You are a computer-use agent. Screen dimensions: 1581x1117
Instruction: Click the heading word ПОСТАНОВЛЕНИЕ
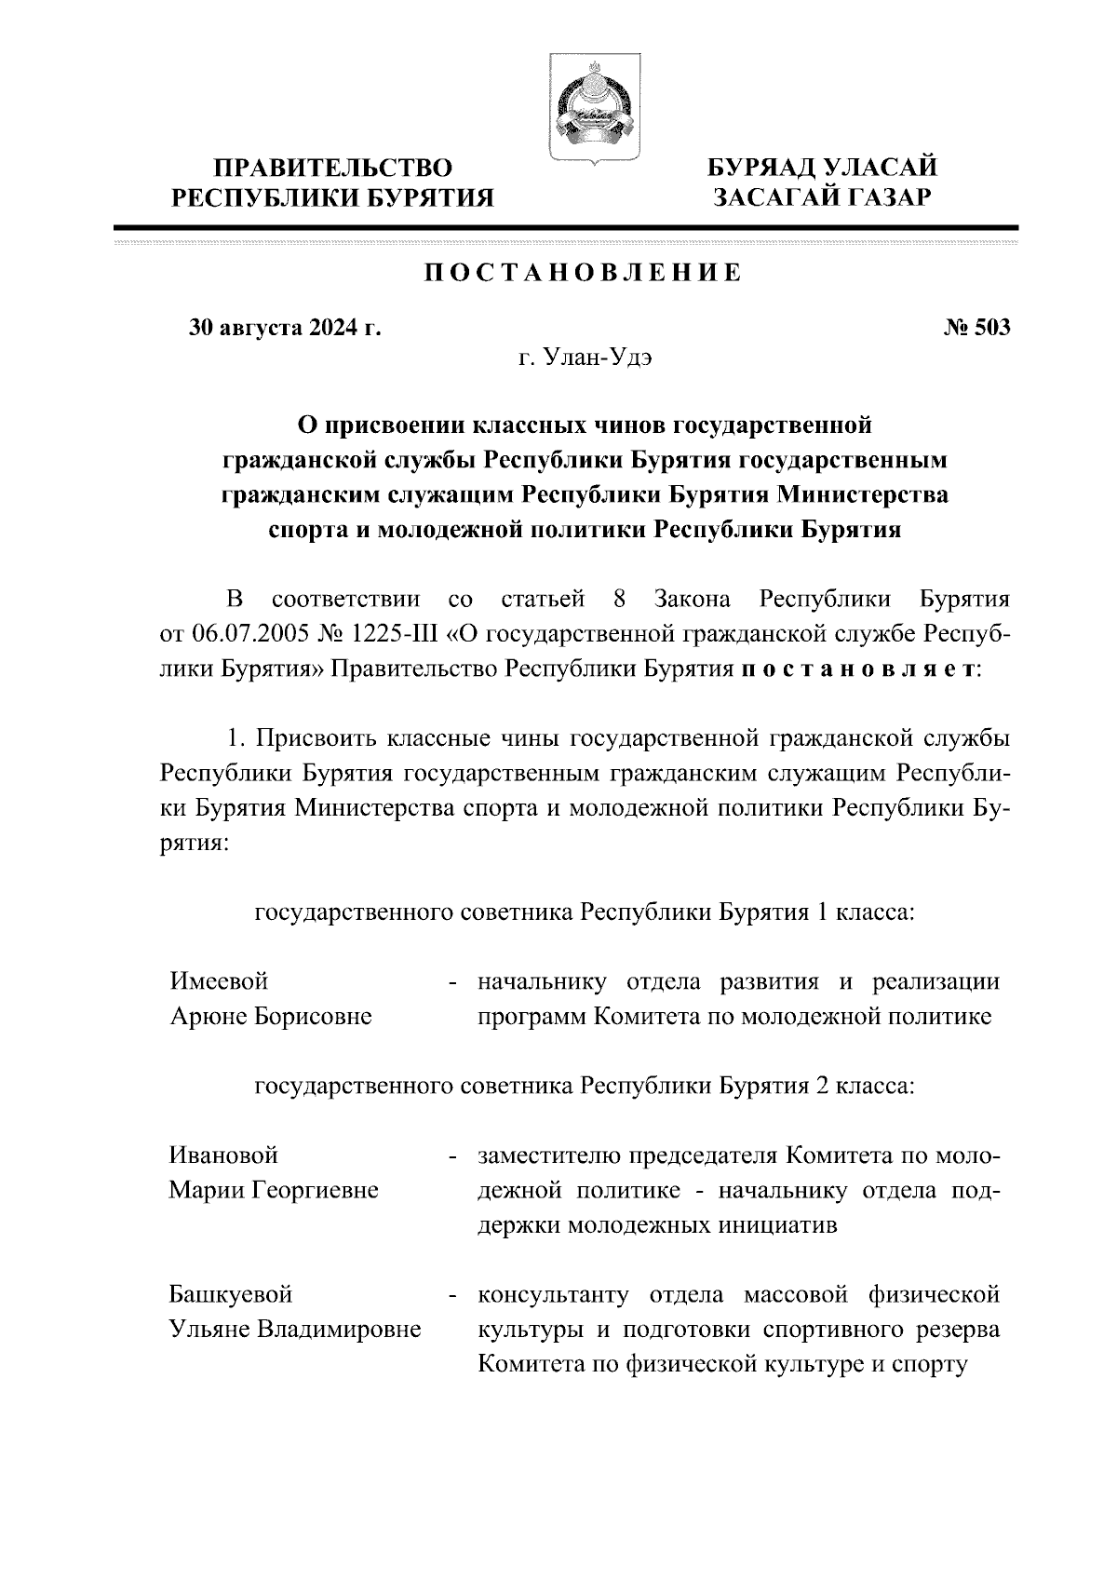584,273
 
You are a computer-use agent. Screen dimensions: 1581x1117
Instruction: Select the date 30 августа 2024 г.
286,328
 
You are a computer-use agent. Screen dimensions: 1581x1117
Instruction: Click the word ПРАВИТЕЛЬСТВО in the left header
334,169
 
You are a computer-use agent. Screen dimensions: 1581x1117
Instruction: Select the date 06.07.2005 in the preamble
252,634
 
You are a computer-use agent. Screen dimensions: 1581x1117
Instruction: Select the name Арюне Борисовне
271,1016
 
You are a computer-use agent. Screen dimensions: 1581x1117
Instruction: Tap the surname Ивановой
223,1155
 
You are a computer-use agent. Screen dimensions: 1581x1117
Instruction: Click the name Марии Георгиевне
274,1190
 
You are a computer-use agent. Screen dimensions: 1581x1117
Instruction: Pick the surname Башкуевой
231,1294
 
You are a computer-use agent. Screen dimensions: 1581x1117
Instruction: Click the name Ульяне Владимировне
294,1330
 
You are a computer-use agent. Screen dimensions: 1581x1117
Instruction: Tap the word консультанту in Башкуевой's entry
553,1294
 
